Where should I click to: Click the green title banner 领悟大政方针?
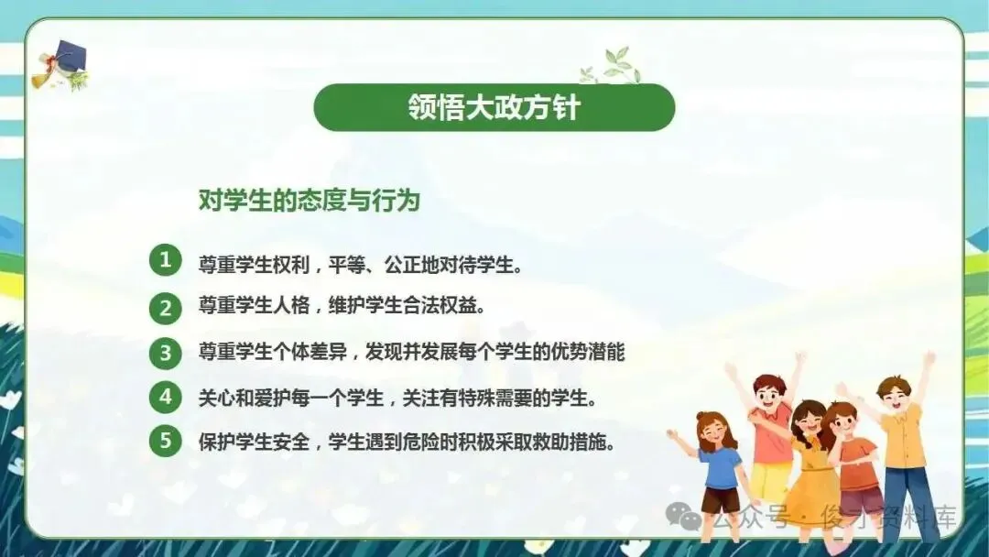click(x=494, y=107)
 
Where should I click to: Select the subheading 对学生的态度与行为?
click(x=310, y=201)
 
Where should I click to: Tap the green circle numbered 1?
click(x=165, y=260)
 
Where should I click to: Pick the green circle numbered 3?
click(x=165, y=353)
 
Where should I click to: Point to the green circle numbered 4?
click(x=165, y=398)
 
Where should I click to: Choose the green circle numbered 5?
click(x=165, y=440)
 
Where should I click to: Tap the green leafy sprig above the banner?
click(x=611, y=66)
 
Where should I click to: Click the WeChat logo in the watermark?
click(x=683, y=516)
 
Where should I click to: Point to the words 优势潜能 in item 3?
click(x=588, y=352)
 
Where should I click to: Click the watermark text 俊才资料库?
click(x=889, y=518)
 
